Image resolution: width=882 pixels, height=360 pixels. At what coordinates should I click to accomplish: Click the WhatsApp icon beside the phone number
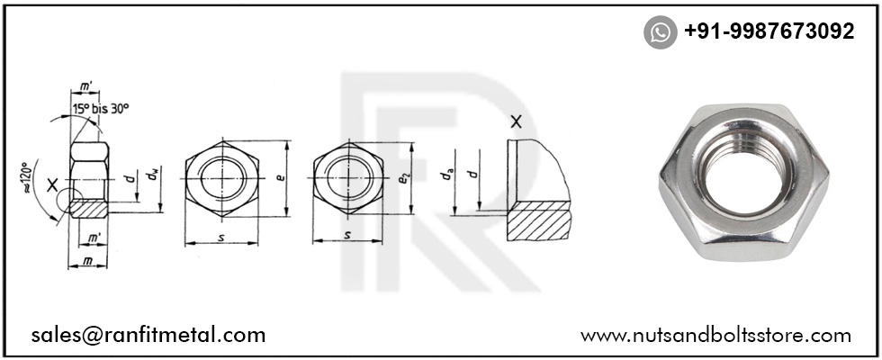[660, 32]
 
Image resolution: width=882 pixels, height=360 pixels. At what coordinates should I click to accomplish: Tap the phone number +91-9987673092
[769, 31]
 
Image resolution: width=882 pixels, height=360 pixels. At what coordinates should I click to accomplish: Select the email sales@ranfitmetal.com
[148, 335]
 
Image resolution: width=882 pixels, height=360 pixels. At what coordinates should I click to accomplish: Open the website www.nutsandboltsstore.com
[715, 335]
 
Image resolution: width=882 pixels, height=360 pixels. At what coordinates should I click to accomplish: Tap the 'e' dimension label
[280, 177]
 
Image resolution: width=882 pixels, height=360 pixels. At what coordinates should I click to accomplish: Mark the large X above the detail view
[516, 123]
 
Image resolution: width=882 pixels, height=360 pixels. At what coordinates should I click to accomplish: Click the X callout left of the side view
[53, 186]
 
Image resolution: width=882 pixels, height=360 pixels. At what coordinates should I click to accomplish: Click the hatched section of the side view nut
[88, 207]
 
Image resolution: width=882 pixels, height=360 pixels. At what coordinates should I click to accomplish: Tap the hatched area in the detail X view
[538, 220]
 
